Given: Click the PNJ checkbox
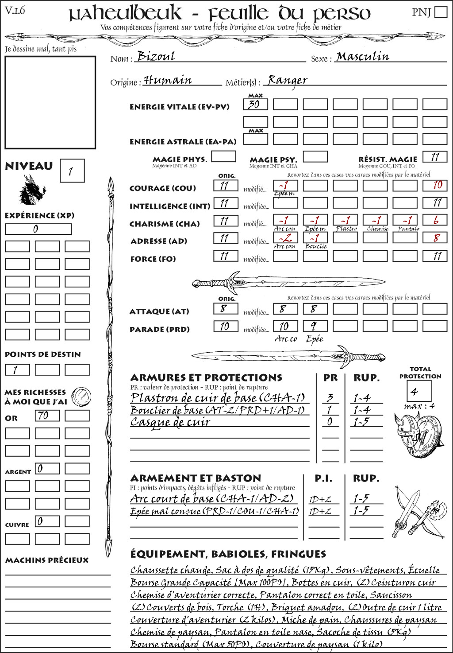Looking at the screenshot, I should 441,12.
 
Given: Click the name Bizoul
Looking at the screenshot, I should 156,56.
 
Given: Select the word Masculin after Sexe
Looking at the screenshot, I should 362,57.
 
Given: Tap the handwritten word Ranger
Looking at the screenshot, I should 287,80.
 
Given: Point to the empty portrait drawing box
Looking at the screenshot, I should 50,102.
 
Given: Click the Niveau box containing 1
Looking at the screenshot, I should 72,171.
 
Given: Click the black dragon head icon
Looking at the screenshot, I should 32,190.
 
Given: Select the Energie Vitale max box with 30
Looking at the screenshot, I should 255,105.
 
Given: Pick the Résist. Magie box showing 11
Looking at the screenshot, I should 434,157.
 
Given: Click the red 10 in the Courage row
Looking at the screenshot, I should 437,185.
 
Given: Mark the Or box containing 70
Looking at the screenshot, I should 47,416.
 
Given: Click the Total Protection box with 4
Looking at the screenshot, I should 418,391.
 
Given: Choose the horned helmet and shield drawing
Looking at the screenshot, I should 417,432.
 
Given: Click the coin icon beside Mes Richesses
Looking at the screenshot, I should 81,396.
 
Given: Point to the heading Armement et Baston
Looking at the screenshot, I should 196,478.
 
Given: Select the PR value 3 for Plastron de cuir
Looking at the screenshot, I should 330,397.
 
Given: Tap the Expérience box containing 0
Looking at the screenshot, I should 38,229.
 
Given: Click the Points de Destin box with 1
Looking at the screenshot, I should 17,369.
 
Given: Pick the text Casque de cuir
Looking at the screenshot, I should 170,422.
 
